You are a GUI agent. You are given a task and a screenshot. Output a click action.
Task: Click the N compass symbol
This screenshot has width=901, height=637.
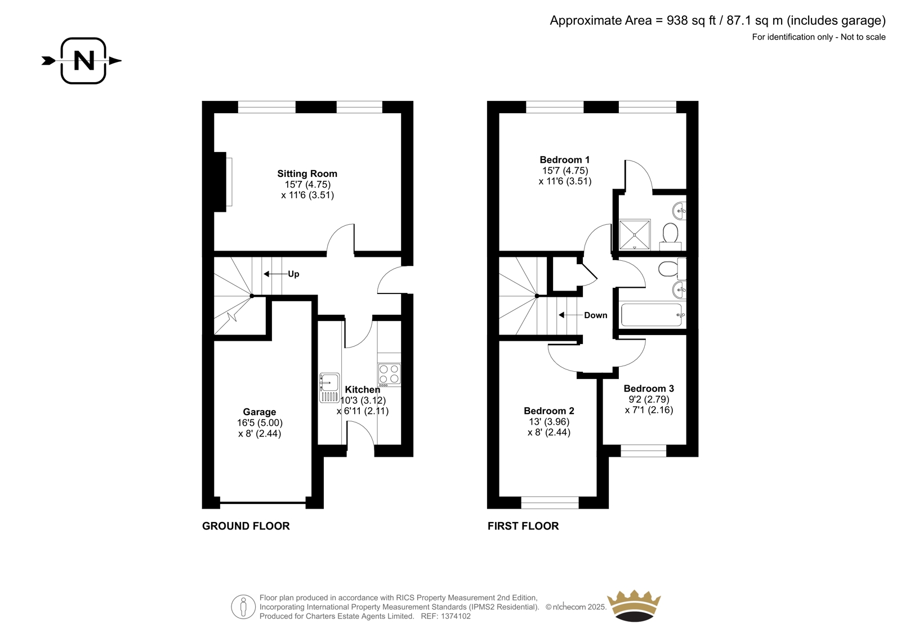(83, 61)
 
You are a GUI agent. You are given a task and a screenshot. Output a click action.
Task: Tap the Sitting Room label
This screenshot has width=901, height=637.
(307, 174)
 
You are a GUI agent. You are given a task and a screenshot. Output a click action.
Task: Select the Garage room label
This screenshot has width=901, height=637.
(260, 412)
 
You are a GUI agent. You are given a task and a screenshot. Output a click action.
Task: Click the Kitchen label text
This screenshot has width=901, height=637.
(363, 390)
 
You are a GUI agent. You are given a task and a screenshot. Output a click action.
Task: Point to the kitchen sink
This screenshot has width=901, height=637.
(329, 388)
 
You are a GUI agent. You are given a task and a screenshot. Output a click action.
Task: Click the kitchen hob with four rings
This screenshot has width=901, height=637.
(389, 374)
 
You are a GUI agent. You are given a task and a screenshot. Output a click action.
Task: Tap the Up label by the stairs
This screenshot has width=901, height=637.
(293, 274)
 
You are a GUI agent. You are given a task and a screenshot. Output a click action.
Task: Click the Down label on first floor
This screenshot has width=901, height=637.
(596, 315)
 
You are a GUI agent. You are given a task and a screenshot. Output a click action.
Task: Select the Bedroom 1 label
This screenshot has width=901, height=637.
(565, 160)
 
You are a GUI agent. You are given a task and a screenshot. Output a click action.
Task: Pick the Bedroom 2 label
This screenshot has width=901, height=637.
(549, 411)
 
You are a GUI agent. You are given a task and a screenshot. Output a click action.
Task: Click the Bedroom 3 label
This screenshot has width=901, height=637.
(649, 388)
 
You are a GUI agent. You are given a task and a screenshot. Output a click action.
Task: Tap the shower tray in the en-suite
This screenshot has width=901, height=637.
(634, 235)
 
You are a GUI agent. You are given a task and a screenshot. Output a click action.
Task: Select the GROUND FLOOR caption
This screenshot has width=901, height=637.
(246, 526)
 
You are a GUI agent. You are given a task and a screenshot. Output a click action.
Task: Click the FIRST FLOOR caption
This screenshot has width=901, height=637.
(523, 526)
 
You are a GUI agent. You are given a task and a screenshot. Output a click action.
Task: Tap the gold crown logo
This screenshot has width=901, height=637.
(634, 605)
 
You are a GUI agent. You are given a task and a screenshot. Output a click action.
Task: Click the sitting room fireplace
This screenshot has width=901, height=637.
(223, 182)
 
